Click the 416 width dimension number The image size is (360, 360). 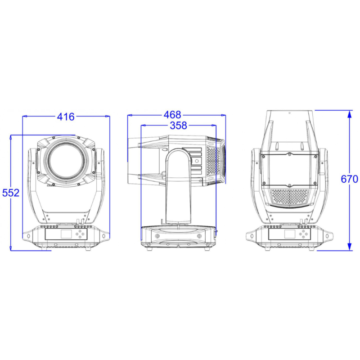(x=66, y=117)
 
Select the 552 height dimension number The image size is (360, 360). (x=11, y=193)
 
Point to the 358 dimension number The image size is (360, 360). (x=178, y=126)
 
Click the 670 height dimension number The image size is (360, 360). (x=349, y=179)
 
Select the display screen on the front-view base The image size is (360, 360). (x=65, y=234)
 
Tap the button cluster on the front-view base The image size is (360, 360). (x=81, y=234)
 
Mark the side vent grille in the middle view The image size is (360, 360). (x=213, y=162)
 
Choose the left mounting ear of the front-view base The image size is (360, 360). (x=27, y=235)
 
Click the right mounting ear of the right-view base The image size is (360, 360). (x=330, y=235)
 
